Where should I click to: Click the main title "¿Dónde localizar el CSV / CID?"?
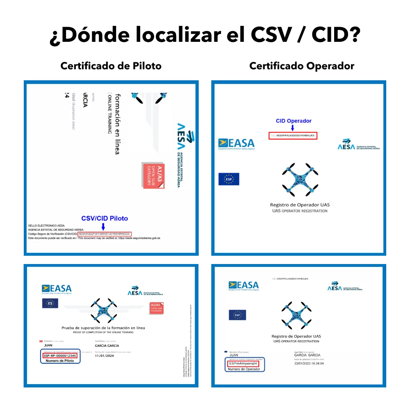click(205, 36)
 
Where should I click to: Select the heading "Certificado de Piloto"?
click(111, 66)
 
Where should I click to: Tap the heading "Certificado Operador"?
click(301, 66)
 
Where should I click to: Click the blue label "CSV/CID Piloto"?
click(105, 219)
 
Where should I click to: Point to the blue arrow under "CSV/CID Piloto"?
click(103, 226)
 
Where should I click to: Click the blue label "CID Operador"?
click(294, 121)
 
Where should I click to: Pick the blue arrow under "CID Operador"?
click(293, 128)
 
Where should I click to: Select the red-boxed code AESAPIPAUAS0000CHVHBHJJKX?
click(293, 135)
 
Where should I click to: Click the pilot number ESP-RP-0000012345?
click(59, 355)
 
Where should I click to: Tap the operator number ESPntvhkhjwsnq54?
click(243, 363)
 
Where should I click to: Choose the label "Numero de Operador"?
click(244, 369)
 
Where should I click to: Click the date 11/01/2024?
click(104, 355)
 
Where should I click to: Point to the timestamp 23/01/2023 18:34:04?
click(309, 363)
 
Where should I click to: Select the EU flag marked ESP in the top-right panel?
click(228, 179)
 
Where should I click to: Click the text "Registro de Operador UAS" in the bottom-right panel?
click(296, 336)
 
